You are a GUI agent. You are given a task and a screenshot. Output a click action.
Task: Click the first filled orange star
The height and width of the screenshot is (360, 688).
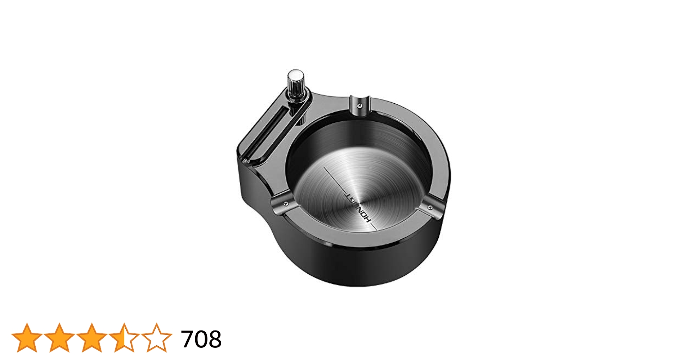click(x=27, y=338)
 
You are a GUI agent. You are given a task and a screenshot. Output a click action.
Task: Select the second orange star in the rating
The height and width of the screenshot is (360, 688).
click(x=59, y=338)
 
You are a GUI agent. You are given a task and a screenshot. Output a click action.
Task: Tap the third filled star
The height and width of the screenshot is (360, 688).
click(x=91, y=338)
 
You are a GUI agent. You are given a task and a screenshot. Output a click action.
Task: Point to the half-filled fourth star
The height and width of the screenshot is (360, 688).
click(x=124, y=338)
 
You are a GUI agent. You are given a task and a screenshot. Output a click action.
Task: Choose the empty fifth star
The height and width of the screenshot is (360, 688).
click(x=156, y=338)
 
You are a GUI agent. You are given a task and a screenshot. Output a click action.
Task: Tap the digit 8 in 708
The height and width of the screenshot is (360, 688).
click(x=215, y=339)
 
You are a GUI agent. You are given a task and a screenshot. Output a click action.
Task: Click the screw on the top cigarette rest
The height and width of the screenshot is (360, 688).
click(x=359, y=105)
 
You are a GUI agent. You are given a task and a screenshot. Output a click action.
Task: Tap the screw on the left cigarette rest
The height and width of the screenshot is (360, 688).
click(x=286, y=204)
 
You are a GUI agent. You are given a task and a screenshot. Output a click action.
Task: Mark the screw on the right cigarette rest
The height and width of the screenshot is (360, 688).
click(x=430, y=207)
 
